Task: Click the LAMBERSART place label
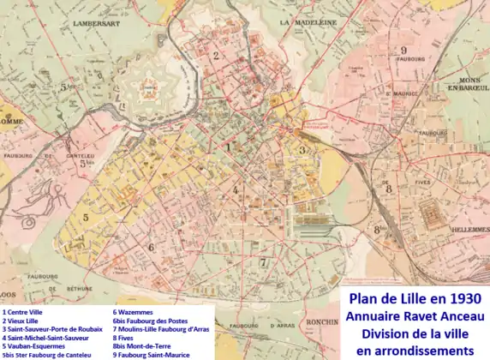[x=95, y=24]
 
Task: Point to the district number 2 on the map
[x=216, y=57]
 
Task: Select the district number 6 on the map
[x=151, y=247]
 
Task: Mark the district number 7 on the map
[x=264, y=262]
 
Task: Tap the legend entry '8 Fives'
[x=125, y=339]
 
